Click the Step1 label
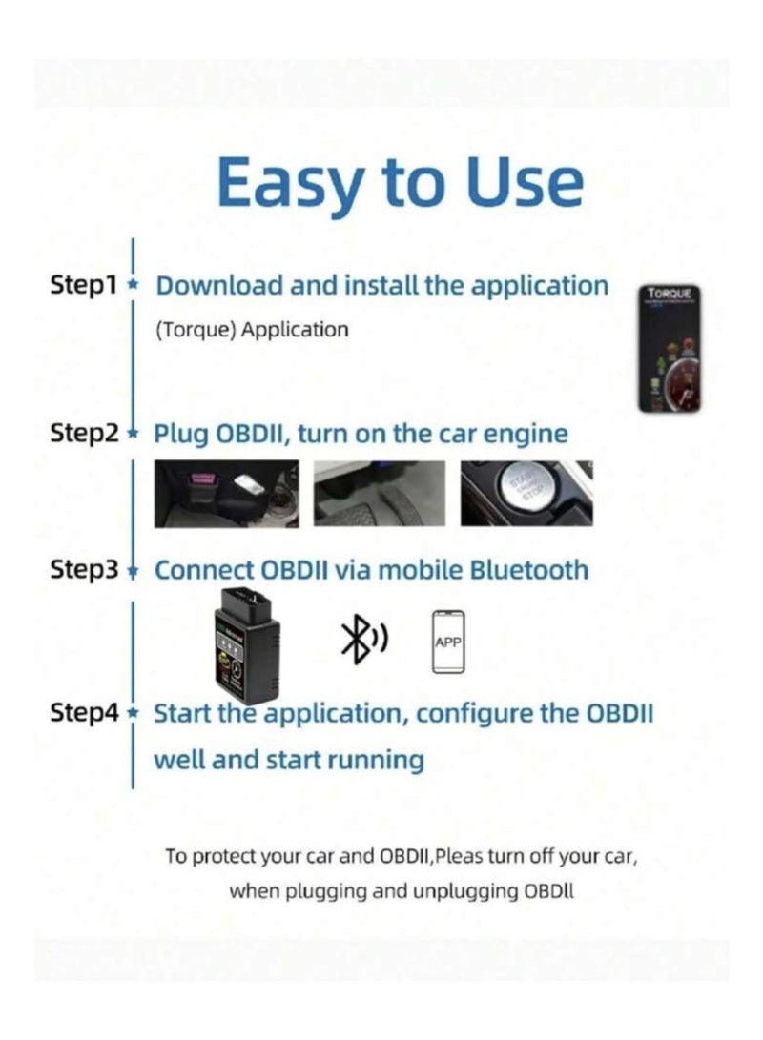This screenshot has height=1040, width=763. point(82,285)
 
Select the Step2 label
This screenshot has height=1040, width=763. point(84,434)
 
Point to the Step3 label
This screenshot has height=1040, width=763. point(84,570)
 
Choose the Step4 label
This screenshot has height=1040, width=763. point(84,713)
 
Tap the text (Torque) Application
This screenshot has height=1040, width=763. point(252,330)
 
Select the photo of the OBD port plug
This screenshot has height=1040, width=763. point(226,493)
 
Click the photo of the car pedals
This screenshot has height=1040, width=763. point(379,493)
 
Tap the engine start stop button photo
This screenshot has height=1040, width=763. point(526,493)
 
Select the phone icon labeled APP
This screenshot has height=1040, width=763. point(447,642)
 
